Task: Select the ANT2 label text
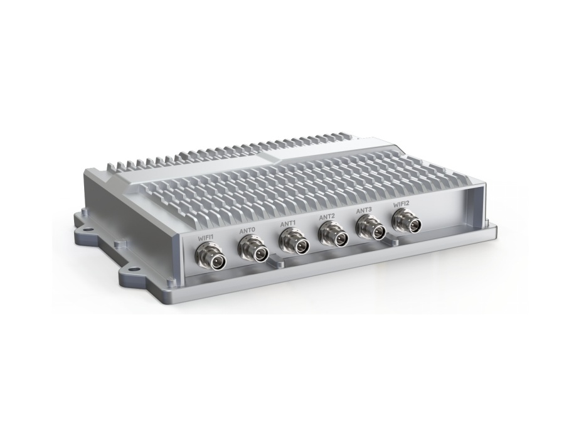(x=327, y=216)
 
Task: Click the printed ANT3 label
(x=364, y=210)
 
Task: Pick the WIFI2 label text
(x=401, y=204)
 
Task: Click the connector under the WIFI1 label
(x=210, y=257)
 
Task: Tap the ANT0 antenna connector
(x=253, y=250)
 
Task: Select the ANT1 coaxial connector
(x=293, y=242)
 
